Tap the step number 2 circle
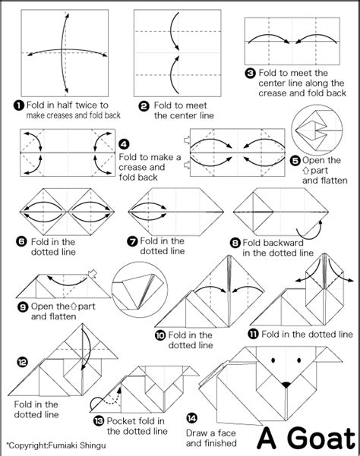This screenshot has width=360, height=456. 145,105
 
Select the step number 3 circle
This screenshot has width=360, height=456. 250,73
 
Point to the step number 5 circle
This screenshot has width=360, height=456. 295,160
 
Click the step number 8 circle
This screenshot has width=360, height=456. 235,242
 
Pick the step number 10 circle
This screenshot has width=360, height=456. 159,335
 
